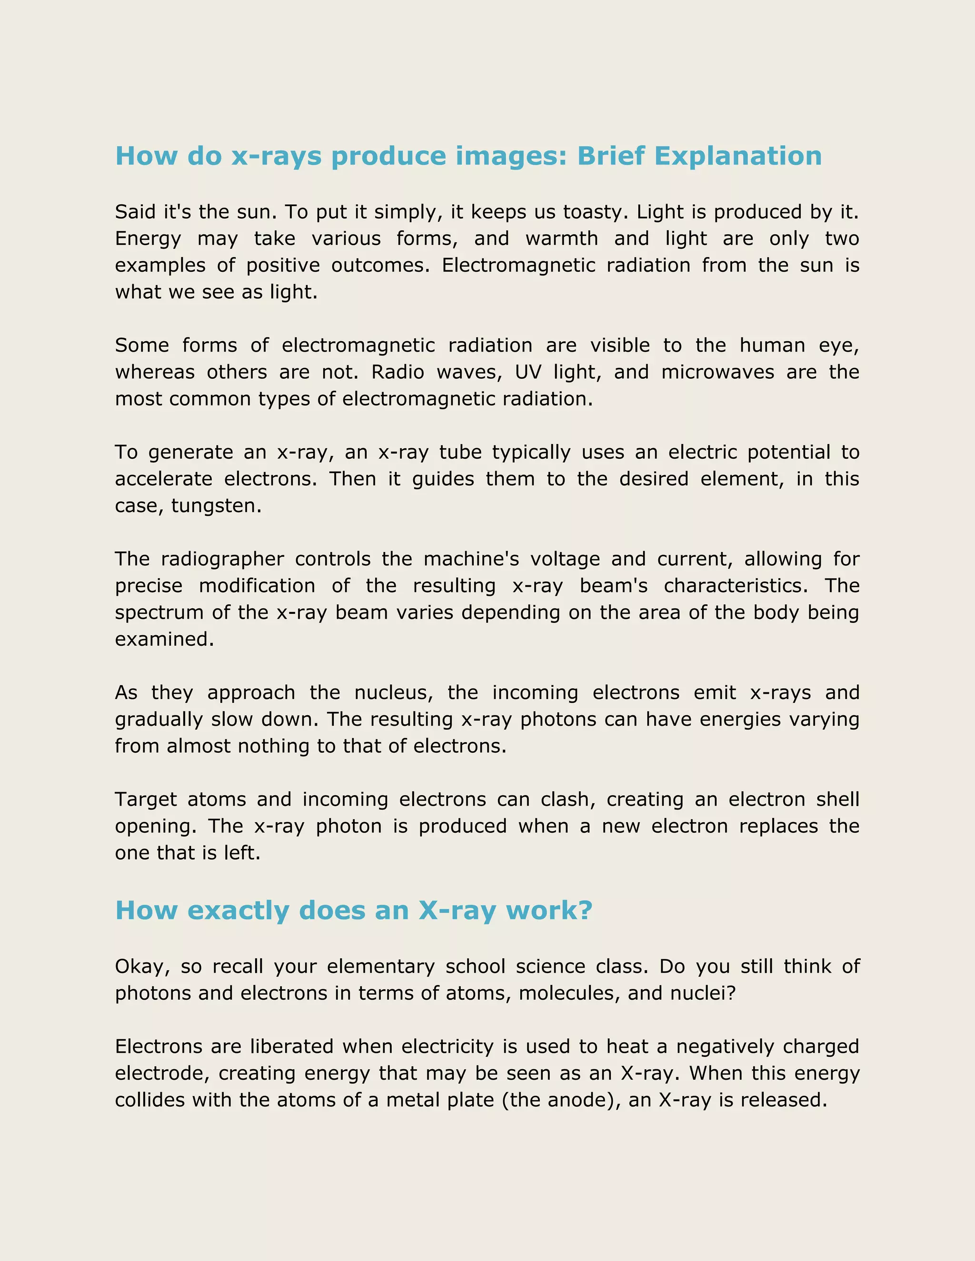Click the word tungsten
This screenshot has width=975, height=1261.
216,506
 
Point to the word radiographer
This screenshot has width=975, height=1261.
222,560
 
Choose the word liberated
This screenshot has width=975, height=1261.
292,1046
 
